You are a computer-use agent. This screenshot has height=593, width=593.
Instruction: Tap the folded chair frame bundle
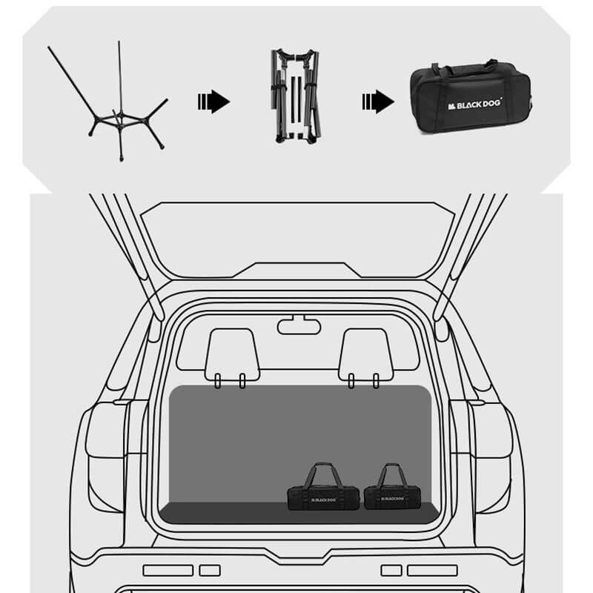(296, 96)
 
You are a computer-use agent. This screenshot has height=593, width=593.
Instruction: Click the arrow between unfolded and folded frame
(213, 102)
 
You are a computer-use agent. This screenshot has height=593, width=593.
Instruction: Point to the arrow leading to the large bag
(378, 102)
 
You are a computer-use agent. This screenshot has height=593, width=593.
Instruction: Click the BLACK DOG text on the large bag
(475, 105)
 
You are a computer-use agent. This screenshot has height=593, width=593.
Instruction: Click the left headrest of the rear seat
(232, 355)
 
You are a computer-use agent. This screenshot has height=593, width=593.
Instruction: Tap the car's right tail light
(488, 457)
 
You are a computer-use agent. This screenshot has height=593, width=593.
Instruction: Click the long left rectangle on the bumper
(168, 570)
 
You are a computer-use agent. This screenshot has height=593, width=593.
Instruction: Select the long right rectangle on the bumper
(432, 570)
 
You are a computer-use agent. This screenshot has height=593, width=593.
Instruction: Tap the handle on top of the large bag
(466, 67)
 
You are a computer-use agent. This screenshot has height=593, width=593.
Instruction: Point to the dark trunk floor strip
(299, 513)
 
